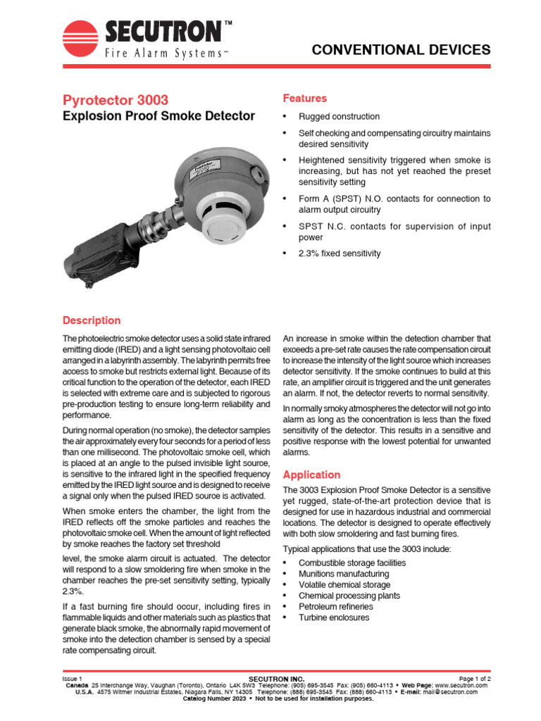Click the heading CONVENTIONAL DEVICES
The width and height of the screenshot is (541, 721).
point(401,50)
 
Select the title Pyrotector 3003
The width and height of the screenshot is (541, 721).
point(116,100)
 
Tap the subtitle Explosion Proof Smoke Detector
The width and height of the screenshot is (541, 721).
point(159,116)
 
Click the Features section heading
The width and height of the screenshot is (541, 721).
point(304,98)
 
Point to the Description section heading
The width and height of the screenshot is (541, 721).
point(92,320)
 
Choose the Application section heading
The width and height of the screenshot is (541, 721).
point(311,475)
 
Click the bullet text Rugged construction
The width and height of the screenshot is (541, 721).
point(339,117)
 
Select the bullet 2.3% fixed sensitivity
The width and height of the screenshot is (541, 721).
point(340,253)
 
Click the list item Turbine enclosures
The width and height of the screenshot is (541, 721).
point(333,617)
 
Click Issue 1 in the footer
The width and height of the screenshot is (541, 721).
point(73,678)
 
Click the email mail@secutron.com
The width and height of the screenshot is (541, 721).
point(451,691)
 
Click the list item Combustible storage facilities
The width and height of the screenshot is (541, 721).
point(352,563)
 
